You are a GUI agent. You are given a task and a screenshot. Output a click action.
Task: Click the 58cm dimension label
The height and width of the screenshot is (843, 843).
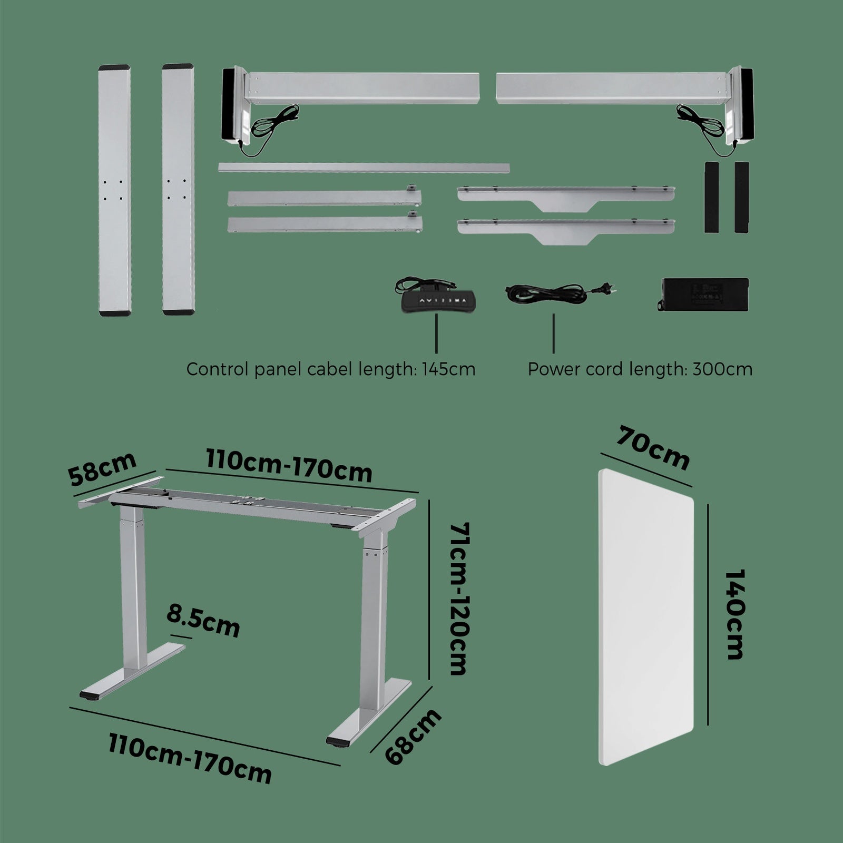[102, 469]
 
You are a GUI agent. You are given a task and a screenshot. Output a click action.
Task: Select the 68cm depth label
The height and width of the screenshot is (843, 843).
[413, 737]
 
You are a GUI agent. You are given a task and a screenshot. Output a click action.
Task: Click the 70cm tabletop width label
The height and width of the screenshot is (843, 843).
[654, 448]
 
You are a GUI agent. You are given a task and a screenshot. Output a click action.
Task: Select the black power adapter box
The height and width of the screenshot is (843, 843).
[703, 294]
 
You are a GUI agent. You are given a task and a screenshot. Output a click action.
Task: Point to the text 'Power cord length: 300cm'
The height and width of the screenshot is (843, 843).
[640, 369]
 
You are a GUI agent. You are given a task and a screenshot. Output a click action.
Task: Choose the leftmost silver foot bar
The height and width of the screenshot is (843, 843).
[114, 190]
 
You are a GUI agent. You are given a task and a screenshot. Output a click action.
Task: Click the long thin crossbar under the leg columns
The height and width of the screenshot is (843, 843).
[364, 168]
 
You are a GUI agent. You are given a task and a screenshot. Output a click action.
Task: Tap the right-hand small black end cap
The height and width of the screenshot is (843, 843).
[741, 197]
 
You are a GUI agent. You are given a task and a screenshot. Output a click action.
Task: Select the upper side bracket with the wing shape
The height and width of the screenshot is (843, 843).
[566, 197]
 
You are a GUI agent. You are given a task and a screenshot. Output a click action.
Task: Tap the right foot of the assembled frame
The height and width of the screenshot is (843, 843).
[369, 711]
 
